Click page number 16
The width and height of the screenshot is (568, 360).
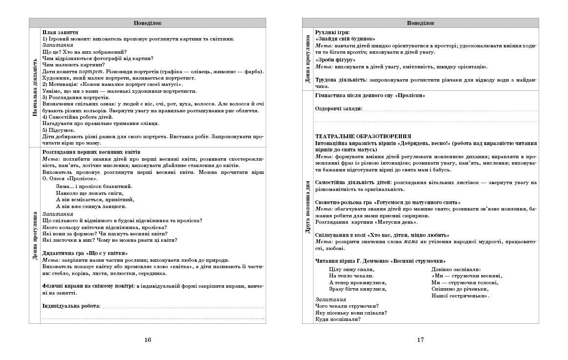tap(148, 340)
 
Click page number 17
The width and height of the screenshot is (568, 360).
tap(420, 340)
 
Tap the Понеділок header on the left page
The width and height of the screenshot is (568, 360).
tap(147, 23)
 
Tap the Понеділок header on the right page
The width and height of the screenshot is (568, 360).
tap(420, 23)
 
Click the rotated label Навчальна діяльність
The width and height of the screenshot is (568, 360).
tap(34, 87)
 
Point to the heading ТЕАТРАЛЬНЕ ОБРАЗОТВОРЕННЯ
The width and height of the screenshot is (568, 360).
tap(363, 136)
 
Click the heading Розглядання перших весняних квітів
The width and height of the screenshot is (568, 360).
tap(91, 152)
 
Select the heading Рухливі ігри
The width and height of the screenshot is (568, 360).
tap(332, 32)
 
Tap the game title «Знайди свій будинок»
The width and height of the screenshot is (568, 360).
tap(345, 39)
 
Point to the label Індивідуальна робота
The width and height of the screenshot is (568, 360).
tap(71, 306)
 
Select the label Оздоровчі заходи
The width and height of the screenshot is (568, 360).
tap(339, 108)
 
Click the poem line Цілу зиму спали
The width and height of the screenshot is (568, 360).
tap(351, 269)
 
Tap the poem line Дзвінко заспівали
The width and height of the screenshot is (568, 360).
tap(456, 269)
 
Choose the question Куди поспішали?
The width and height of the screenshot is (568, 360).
tap(338, 319)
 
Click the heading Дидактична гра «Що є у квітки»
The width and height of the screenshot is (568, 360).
tap(85, 253)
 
